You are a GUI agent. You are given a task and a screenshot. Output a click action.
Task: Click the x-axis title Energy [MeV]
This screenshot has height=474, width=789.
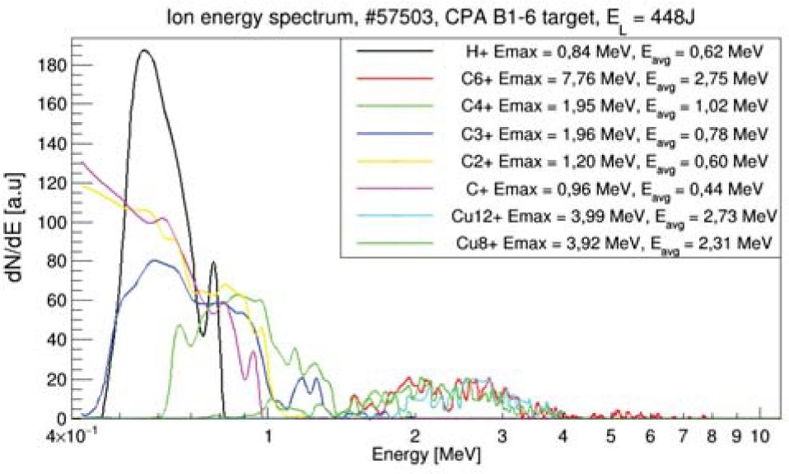pos(426,454)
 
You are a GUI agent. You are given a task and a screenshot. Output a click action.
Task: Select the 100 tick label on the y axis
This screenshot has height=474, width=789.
pos(52,222)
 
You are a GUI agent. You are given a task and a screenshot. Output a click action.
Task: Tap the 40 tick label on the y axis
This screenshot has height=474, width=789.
pos(56,340)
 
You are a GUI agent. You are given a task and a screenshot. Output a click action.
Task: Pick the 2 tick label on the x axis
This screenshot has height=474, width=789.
pos(414,436)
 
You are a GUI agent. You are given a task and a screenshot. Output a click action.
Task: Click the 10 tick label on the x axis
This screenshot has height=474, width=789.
pos(760,436)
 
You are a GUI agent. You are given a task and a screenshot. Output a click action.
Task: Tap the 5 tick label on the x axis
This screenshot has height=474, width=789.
pos(611,436)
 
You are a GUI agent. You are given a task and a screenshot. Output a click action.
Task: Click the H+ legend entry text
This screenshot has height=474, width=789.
pos(614,52)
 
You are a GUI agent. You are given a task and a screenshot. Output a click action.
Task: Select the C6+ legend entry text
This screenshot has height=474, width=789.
pos(614,80)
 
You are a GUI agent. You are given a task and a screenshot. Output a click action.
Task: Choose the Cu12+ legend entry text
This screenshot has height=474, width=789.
pos(614,217)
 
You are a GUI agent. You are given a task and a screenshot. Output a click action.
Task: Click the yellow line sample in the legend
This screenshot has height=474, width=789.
pos(394,162)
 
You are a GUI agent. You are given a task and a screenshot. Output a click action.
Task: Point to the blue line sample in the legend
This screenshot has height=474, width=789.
pos(394,134)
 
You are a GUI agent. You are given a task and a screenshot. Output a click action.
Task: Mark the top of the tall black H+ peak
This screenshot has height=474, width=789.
pos(145,49)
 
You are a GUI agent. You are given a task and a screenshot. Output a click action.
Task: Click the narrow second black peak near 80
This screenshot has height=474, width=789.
pos(213,262)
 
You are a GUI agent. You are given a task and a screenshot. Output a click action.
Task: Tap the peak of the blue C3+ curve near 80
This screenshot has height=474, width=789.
pos(155,260)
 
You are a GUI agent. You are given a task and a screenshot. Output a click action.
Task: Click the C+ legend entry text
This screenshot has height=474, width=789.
pos(614,189)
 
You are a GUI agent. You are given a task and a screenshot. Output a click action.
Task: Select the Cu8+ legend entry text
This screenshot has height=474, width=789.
pos(614,244)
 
